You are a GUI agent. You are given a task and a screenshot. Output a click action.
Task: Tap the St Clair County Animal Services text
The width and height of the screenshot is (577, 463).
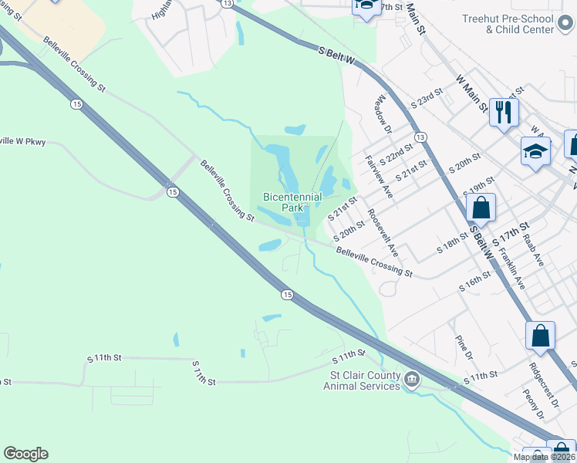point(362,380)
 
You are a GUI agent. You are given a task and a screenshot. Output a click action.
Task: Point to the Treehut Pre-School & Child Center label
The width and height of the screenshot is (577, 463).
point(519,24)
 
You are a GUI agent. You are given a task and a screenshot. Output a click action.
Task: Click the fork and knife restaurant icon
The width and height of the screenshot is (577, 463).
point(504,112)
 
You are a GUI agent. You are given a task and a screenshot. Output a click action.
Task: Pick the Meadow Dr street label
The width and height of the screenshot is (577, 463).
point(383,113)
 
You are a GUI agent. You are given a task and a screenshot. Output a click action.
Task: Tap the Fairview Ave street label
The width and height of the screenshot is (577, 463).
point(379,177)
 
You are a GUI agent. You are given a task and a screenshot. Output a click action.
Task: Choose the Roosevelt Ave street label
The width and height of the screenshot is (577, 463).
point(383,232)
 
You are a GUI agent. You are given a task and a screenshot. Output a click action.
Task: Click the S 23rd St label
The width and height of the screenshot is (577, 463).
point(427,96)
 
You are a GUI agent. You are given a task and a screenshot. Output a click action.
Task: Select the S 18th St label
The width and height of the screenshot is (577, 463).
point(452,245)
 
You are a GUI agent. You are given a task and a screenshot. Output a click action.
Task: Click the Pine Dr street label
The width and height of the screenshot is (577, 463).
point(464,347)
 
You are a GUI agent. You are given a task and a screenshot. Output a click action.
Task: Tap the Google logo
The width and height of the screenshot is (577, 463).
point(25,454)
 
